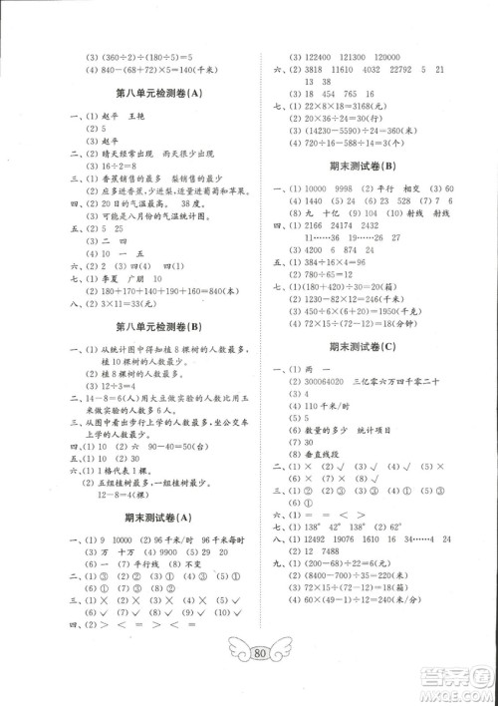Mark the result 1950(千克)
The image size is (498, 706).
click(395, 309)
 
